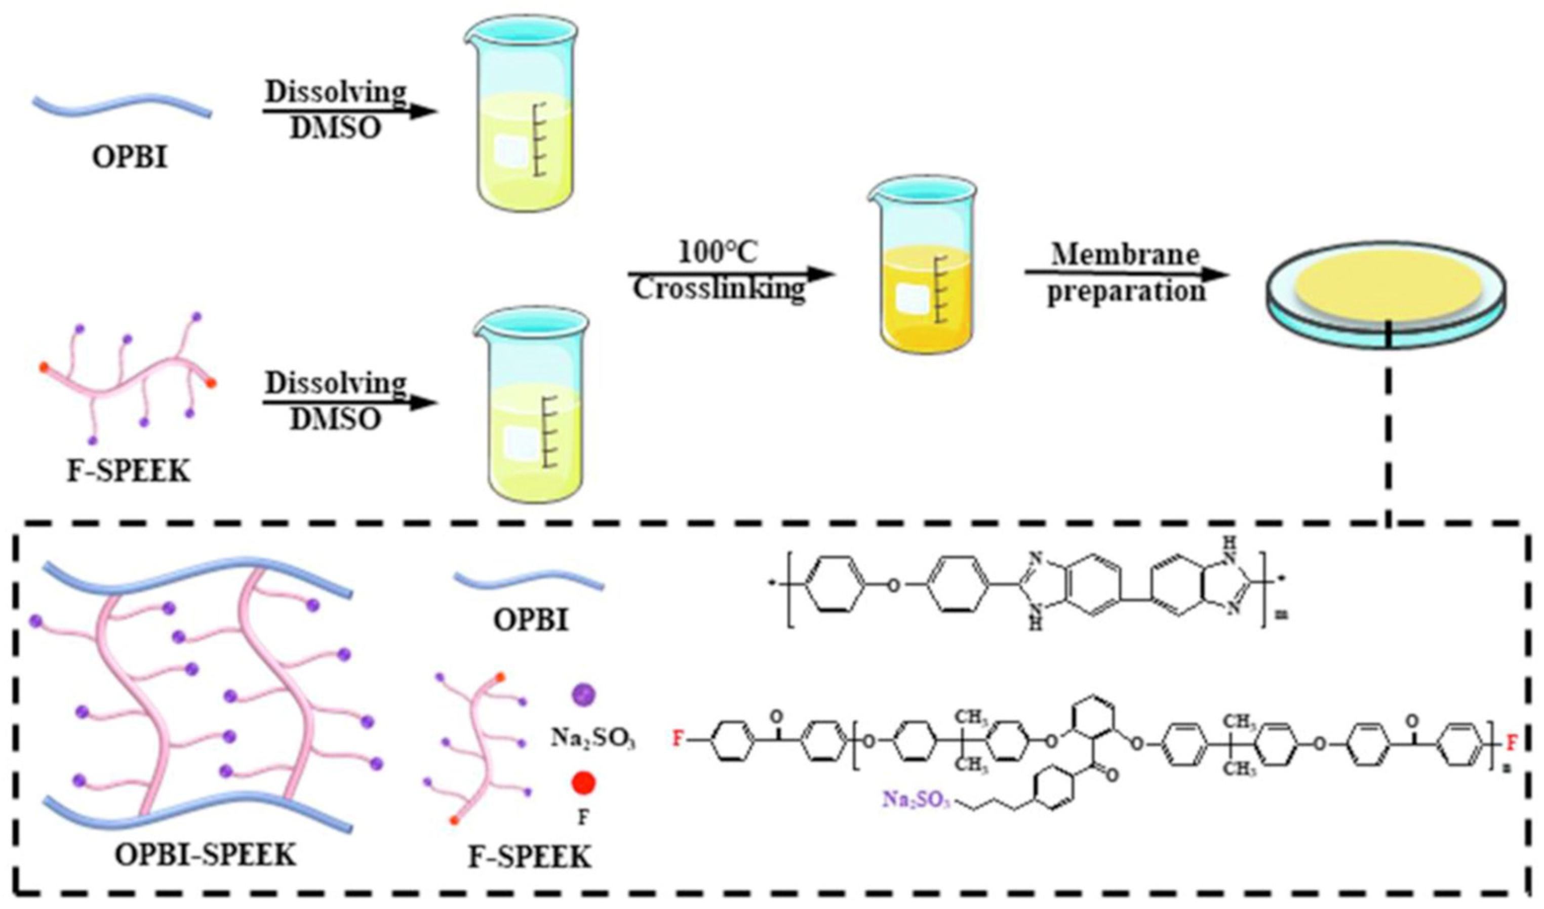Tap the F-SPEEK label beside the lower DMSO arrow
pos(128,472)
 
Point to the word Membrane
pos(1126,254)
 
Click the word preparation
pos(1126,291)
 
